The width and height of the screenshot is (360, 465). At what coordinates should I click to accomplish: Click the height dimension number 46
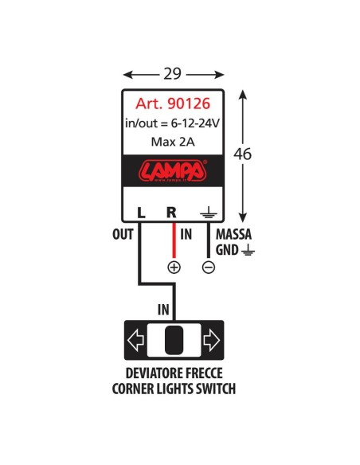[x=243, y=154]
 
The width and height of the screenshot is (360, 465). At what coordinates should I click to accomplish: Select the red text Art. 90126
[x=173, y=104]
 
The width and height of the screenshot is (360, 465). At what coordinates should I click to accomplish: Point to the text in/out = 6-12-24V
[x=173, y=123]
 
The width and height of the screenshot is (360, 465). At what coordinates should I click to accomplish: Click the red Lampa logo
[x=173, y=171]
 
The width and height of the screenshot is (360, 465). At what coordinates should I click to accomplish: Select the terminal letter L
[x=140, y=213]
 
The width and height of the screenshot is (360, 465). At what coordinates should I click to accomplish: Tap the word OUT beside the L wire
[x=123, y=235]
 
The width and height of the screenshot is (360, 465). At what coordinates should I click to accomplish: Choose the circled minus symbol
[x=208, y=268]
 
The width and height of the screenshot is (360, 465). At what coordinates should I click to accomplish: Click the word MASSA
[x=234, y=235]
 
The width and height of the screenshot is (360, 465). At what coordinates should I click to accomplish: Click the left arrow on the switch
[x=135, y=342]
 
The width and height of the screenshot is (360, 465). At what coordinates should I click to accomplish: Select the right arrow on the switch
[x=211, y=342]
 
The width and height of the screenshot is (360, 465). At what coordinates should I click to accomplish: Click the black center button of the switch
[x=173, y=341]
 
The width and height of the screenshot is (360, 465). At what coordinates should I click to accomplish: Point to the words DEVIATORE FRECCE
[x=174, y=374]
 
